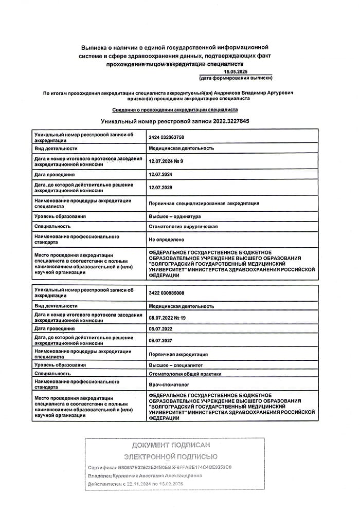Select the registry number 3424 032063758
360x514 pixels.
tap(166, 137)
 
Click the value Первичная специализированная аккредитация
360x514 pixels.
tap(204, 203)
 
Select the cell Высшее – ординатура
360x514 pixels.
tap(175, 216)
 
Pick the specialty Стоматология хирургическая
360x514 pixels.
tap(183, 227)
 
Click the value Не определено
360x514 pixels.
tap(167, 240)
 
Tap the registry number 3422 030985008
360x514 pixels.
tap(166, 293)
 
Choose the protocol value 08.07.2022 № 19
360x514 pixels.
tap(167, 318)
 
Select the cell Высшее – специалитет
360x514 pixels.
tap(176, 364)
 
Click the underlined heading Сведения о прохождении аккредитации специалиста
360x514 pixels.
tap(175, 110)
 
